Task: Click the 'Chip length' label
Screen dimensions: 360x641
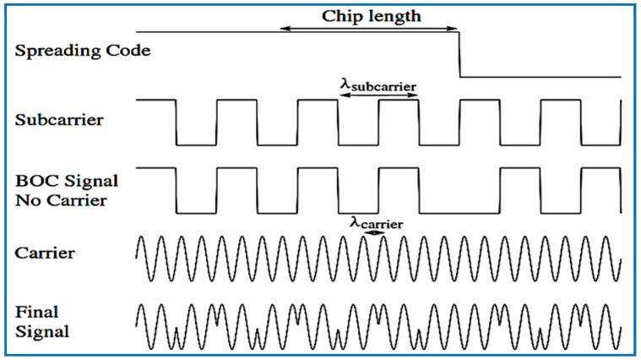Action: [x=372, y=15]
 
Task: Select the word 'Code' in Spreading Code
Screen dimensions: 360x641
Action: [x=132, y=51]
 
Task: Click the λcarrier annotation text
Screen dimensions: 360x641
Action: [x=376, y=223]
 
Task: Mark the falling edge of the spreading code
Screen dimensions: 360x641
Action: [x=459, y=53]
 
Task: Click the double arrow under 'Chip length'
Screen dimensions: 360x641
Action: [x=370, y=30]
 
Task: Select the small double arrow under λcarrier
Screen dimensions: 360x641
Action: [x=377, y=234]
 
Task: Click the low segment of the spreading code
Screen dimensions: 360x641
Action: [x=541, y=77]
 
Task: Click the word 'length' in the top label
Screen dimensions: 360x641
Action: [x=393, y=15]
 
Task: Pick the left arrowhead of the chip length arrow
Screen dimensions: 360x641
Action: [x=285, y=30]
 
